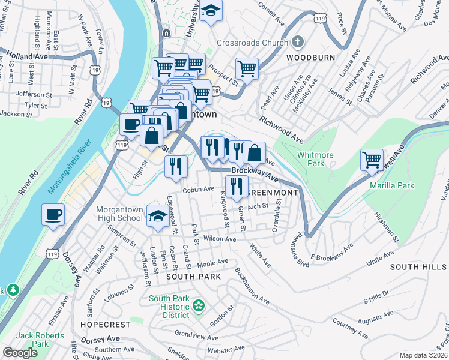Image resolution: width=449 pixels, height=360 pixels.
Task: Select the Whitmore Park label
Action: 315,159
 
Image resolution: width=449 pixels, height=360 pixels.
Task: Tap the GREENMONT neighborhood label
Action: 273,193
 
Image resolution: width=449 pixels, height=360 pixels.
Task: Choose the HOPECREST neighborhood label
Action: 105,324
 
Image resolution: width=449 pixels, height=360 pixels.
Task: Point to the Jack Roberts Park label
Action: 32,340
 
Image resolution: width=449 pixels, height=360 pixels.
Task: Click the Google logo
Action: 20,353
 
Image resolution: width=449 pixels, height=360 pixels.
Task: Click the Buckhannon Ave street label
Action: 252,287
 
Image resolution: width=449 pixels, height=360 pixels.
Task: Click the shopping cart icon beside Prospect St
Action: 247,69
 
